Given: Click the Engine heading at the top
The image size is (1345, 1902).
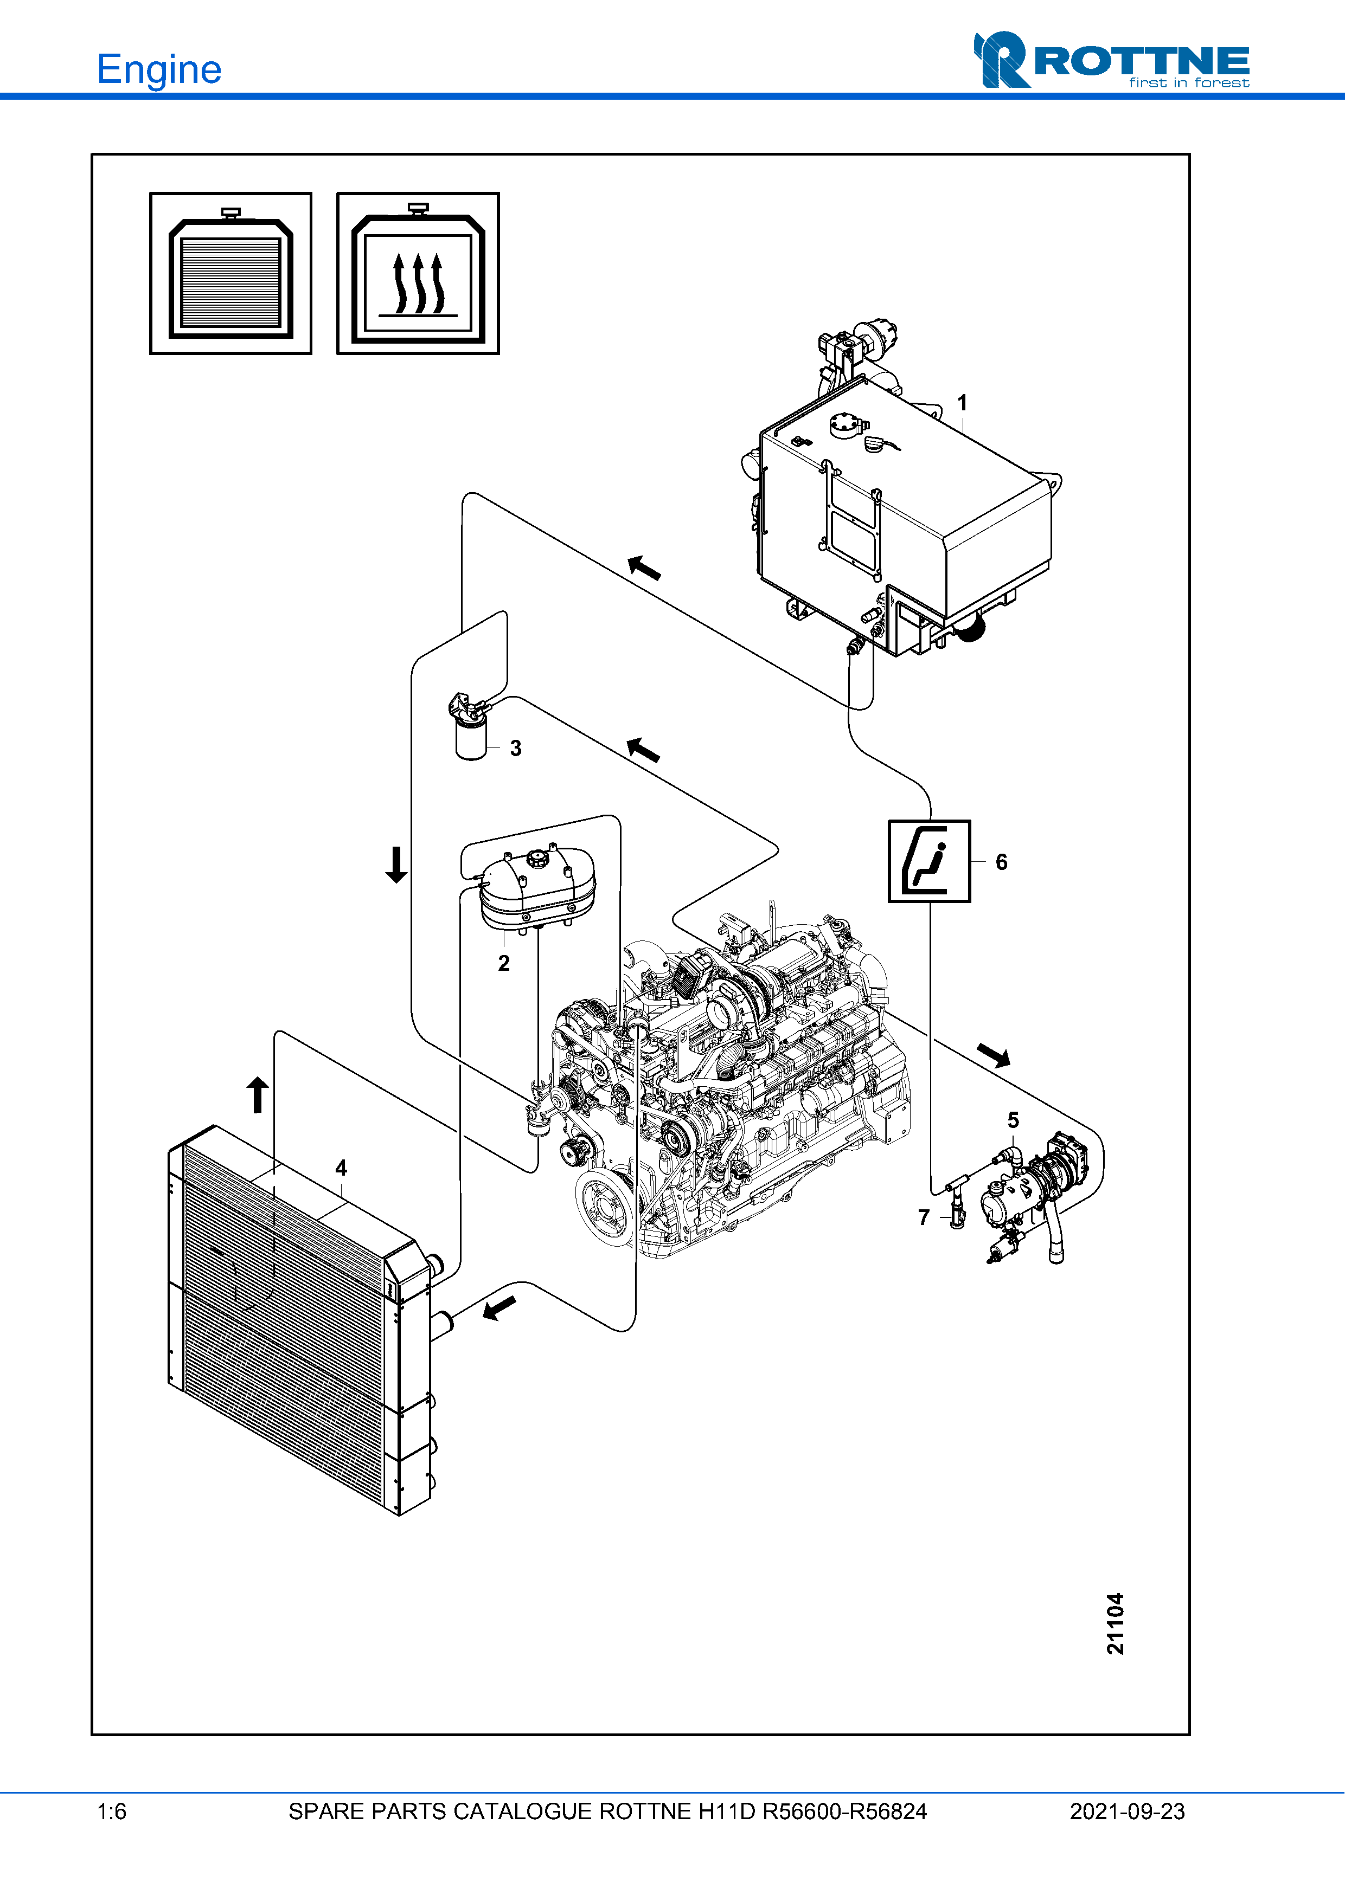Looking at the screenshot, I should (x=159, y=69).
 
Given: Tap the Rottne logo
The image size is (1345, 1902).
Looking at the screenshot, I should (x=1111, y=61).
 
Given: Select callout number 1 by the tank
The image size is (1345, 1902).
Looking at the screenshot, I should (x=962, y=403).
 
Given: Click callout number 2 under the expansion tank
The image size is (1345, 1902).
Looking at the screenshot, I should (x=504, y=963).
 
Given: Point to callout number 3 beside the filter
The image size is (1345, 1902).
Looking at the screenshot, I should (x=515, y=748).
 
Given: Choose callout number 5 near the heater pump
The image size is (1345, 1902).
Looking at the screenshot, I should (x=1013, y=1120).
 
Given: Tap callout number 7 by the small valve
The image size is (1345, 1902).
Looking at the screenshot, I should (x=924, y=1217).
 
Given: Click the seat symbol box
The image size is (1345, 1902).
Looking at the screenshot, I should (x=929, y=861).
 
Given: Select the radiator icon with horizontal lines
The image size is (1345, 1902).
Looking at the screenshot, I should (x=230, y=273).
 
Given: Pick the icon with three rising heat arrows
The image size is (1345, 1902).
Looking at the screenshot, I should (x=418, y=273).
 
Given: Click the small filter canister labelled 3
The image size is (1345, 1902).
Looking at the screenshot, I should (x=471, y=735).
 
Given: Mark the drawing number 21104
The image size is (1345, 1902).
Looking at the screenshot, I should (x=1116, y=1623).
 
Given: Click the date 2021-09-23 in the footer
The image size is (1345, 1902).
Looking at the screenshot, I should (x=1127, y=1811).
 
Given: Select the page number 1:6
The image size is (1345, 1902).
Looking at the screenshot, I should (x=112, y=1811).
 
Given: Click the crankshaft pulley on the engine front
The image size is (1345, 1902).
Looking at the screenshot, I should (x=604, y=1205).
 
